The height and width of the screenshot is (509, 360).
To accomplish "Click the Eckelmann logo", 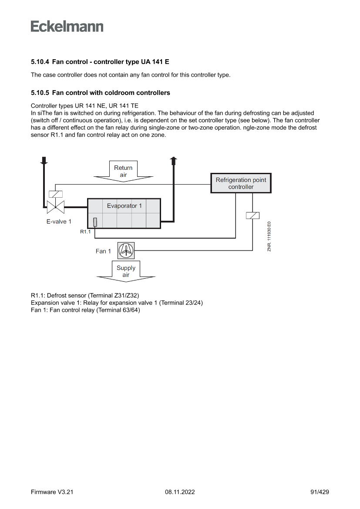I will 67,27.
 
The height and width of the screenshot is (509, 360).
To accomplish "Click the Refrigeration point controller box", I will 241,183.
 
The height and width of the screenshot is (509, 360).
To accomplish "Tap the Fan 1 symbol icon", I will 126,250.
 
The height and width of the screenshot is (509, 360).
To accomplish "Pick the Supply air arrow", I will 126,272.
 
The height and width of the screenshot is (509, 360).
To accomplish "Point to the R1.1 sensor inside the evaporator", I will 95,222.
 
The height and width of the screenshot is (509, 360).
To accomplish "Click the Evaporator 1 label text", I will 124,206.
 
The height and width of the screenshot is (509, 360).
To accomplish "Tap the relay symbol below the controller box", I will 252,215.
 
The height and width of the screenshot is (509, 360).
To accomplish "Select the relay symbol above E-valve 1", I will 56,194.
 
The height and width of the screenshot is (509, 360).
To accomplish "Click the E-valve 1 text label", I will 59,221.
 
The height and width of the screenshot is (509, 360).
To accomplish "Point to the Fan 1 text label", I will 103,251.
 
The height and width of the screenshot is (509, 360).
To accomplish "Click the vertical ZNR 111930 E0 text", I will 269,236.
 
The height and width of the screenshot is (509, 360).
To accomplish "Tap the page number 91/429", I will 320,492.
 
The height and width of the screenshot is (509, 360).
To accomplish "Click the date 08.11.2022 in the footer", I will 180,492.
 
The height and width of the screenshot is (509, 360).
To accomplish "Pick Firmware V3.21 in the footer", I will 52,492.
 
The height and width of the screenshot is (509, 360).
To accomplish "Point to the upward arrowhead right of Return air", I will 174,160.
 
